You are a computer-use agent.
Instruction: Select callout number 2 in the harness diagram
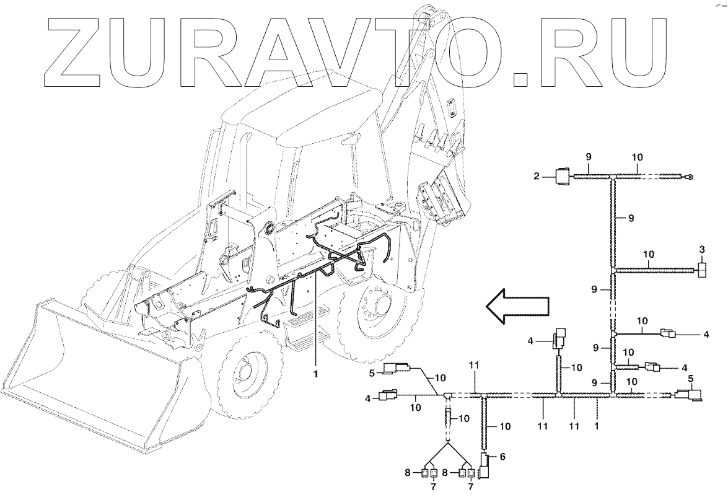point(537,177)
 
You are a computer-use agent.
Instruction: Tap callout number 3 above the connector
point(701,250)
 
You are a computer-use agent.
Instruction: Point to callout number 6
point(502,456)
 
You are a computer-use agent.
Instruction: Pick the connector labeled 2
point(562,177)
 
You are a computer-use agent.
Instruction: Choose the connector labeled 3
point(703,270)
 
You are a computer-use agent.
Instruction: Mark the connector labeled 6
point(485,464)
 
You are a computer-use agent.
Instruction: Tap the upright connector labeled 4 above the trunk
point(559,338)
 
